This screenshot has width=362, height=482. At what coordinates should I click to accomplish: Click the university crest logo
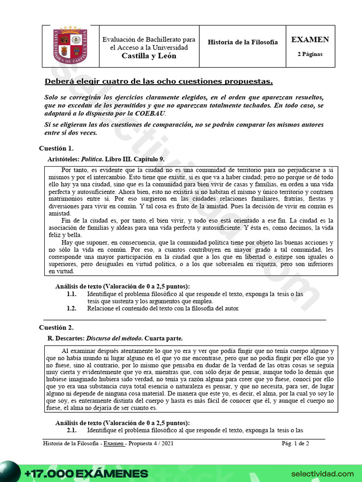[x=70, y=46]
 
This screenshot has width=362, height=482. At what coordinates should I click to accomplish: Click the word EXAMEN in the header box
[x=310, y=40]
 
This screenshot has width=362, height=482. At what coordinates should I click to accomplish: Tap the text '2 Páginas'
[x=310, y=54]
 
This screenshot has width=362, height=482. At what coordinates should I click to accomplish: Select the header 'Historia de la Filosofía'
[x=243, y=42]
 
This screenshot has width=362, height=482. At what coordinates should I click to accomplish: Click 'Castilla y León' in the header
[x=149, y=56]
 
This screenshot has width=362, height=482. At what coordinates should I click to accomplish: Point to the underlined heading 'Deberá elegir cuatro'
[x=158, y=81]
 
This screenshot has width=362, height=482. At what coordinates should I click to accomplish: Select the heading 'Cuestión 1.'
[x=56, y=149]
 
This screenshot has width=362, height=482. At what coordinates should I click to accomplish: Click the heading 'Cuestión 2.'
[x=56, y=327]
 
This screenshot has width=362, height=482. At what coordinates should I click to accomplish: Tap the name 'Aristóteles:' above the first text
[x=64, y=159]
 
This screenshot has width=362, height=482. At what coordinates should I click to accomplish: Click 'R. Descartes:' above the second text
[x=66, y=338]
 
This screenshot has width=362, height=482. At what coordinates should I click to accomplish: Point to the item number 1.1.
[x=71, y=294]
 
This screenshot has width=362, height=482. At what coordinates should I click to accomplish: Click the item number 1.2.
[x=71, y=309]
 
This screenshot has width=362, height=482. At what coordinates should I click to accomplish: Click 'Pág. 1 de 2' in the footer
[x=295, y=443]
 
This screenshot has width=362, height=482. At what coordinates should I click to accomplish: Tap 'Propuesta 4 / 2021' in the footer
[x=153, y=443]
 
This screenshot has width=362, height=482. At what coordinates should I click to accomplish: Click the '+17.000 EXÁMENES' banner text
[x=86, y=473]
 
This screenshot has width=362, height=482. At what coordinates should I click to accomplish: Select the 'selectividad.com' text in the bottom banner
[x=322, y=473]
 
